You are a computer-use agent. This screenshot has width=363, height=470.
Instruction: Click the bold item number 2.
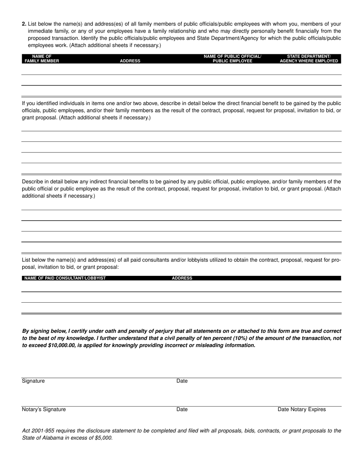(x=24, y=24)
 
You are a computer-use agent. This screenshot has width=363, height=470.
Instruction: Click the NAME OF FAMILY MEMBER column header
(x=42, y=58)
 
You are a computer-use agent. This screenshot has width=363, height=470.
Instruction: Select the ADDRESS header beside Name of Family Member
(x=130, y=61)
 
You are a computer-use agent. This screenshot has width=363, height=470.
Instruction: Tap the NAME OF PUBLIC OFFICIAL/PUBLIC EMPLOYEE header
(x=232, y=58)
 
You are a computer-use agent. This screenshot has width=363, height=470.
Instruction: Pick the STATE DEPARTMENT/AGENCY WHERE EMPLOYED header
(x=309, y=58)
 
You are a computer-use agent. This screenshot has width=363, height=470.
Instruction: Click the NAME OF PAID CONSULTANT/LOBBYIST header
(x=65, y=278)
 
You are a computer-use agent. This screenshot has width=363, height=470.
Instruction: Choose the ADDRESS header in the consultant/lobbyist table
(x=182, y=278)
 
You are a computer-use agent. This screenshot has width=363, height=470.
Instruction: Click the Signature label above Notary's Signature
(x=33, y=381)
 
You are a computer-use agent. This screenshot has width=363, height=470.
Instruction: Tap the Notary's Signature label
(x=44, y=409)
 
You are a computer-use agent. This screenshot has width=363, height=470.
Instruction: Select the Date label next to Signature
(x=182, y=381)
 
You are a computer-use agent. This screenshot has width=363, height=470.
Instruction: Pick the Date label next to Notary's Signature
(x=182, y=409)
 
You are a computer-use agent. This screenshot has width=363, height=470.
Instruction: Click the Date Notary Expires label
(x=301, y=409)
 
